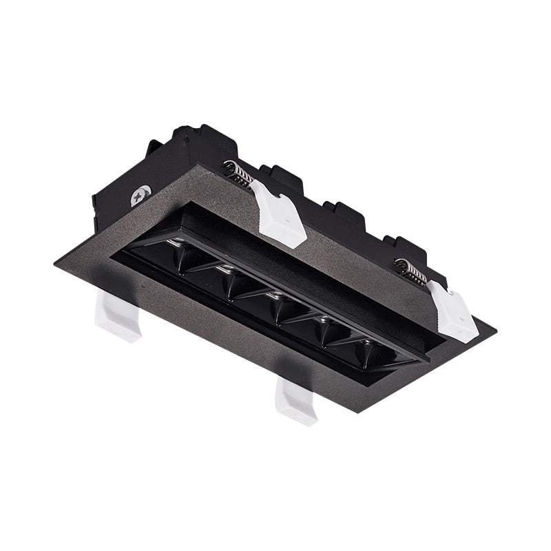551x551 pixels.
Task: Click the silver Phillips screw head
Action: pyautogui.click(x=141, y=196)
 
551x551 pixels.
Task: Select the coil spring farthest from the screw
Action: pyautogui.click(x=411, y=271)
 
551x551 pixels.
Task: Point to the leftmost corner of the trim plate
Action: pyautogui.click(x=55, y=263)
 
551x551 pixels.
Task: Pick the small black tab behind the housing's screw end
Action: pyautogui.click(x=154, y=146)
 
